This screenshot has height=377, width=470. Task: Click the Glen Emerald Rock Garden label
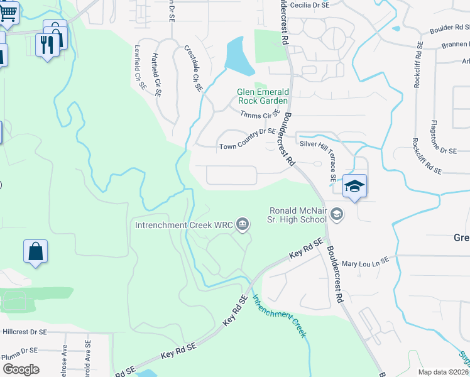point(262,96)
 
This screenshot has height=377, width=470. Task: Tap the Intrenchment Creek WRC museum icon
point(242,224)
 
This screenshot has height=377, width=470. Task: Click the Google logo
point(21,369)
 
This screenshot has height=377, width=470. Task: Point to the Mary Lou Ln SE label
point(366,260)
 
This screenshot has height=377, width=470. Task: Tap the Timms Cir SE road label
point(260,114)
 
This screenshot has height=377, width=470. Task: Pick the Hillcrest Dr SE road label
point(25,331)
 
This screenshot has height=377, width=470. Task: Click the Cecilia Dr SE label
point(312,4)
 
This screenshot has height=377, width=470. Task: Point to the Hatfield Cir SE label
point(157,74)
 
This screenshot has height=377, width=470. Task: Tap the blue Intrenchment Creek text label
point(280,315)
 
